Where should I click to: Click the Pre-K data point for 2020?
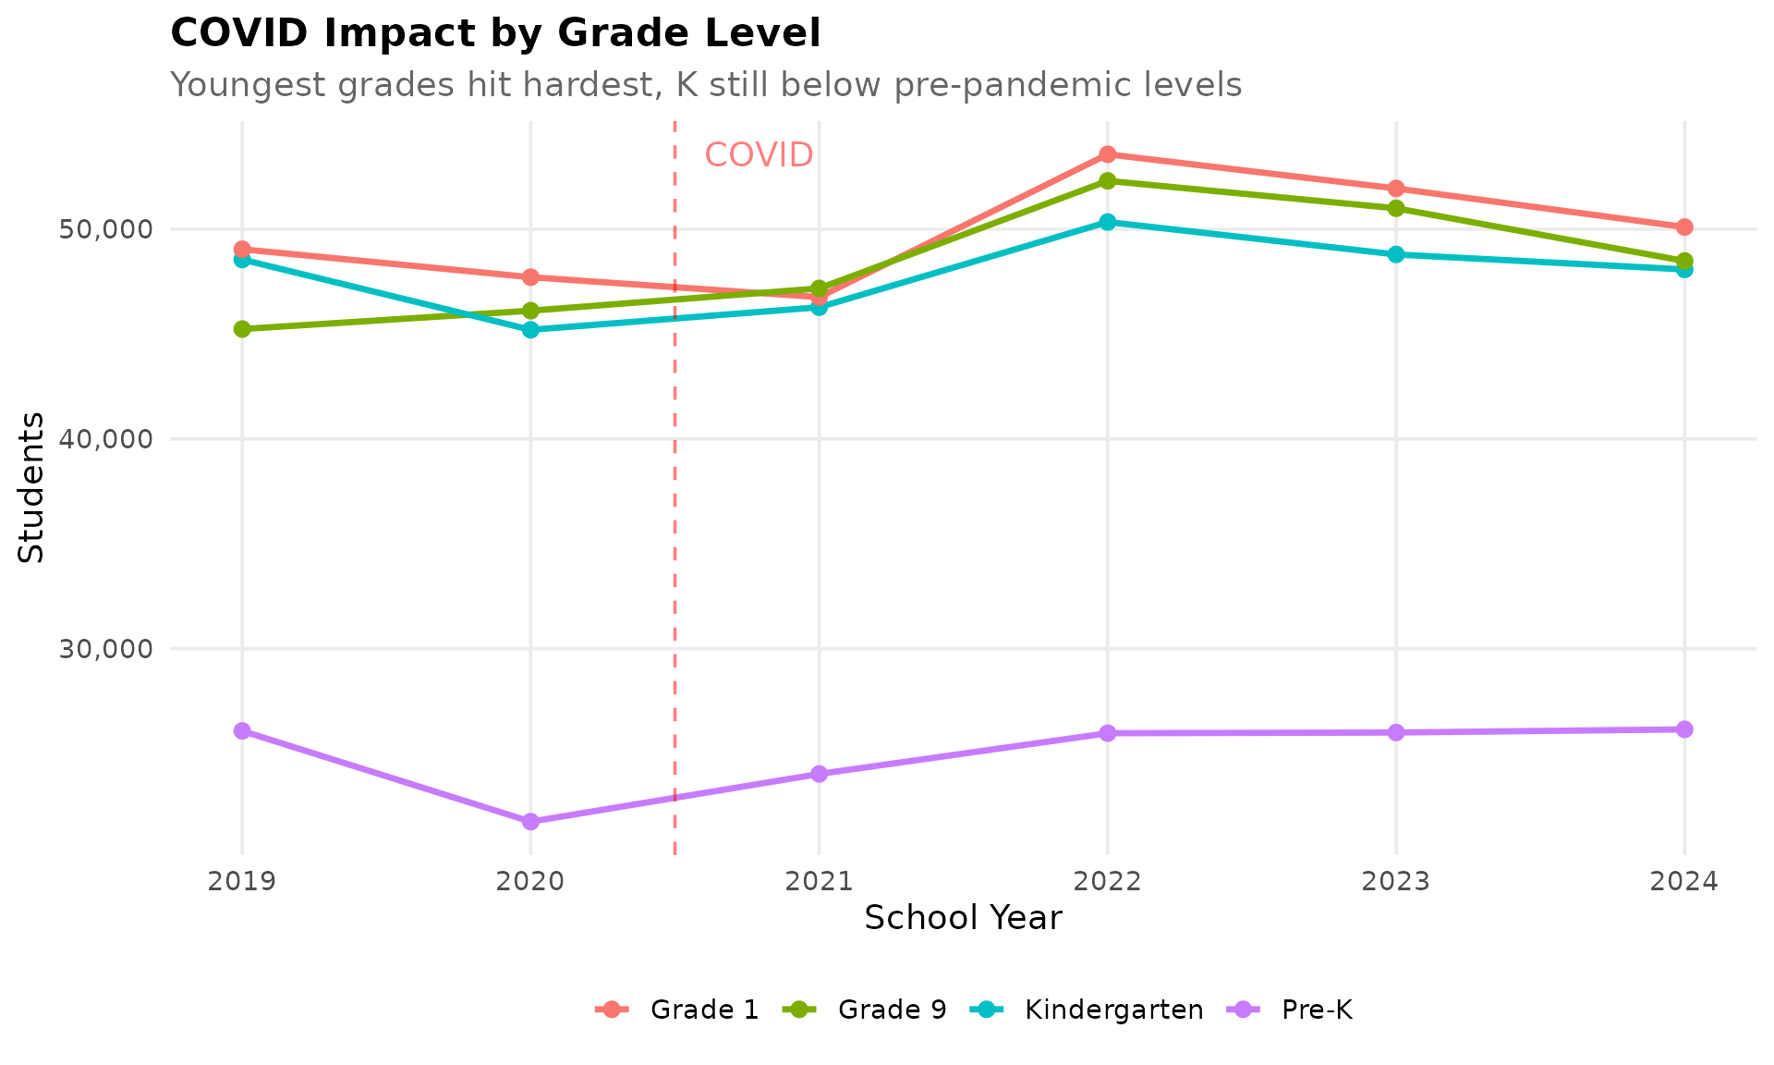point(530,821)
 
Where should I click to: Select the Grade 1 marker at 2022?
point(1107,154)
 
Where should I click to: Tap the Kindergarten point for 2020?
point(530,329)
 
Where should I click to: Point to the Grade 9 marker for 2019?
point(242,329)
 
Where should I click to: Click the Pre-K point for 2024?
point(1684,729)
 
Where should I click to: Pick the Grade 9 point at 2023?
point(1396,208)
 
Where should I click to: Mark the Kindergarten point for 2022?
point(1107,222)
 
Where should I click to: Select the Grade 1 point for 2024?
point(1684,226)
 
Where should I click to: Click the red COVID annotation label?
point(759,155)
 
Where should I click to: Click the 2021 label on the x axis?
point(819,882)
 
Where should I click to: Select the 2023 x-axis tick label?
point(1396,882)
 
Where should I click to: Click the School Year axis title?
point(963,919)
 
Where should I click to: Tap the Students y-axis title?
point(31,486)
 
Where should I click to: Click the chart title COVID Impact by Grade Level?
point(495,34)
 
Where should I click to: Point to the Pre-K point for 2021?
point(819,774)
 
